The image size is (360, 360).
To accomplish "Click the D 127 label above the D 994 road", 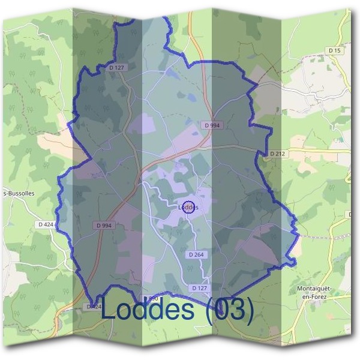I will coord(116,68).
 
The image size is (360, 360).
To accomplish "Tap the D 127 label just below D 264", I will coord(200,288).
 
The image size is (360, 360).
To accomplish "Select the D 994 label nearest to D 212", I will coord(211,125).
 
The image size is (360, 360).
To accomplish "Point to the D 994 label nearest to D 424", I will coord(104,225).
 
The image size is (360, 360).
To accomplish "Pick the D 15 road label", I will coord(335,51).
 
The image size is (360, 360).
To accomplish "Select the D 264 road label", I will coord(196,255).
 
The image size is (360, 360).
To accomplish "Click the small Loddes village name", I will coord(188,208).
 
